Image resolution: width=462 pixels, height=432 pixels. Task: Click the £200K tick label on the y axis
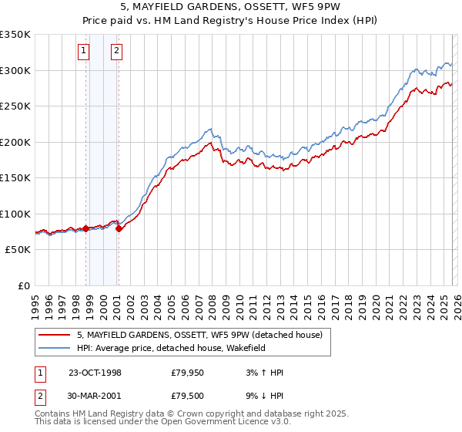(15, 142)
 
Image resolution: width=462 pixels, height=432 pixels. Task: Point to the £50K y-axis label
(17, 250)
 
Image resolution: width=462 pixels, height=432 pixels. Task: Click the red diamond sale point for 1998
(85, 228)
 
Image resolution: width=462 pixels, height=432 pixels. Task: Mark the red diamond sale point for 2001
(119, 229)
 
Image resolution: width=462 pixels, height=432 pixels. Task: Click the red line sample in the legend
(54, 335)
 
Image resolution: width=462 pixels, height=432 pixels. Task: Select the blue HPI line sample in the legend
(54, 348)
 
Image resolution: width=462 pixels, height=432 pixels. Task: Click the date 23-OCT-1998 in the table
(95, 373)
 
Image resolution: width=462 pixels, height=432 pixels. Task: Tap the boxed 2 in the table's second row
(39, 396)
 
